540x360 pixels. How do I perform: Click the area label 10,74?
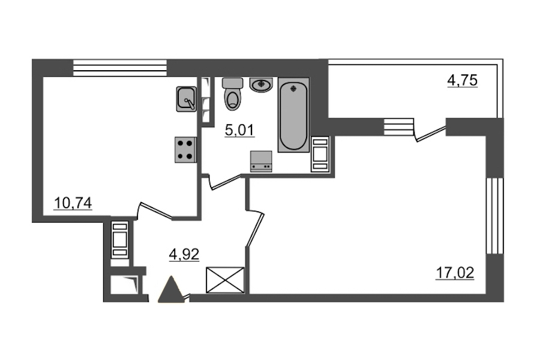[73, 203]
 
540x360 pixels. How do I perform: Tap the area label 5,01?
[239, 130]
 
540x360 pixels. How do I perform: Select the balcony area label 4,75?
[462, 80]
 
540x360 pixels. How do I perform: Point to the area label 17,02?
[455, 273]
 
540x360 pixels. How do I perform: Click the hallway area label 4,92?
[184, 254]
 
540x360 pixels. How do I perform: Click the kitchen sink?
[187, 99]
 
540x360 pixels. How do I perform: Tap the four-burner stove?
[185, 150]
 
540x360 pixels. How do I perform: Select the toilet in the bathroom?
[233, 94]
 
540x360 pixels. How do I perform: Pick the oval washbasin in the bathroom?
[261, 85]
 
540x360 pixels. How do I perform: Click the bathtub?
[293, 115]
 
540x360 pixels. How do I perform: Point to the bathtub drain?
[293, 89]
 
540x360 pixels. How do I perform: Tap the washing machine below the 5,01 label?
[261, 161]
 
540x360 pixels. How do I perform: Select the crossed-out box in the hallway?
[225, 280]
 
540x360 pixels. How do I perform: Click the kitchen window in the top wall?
[120, 68]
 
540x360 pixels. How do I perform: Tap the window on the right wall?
[494, 216]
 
